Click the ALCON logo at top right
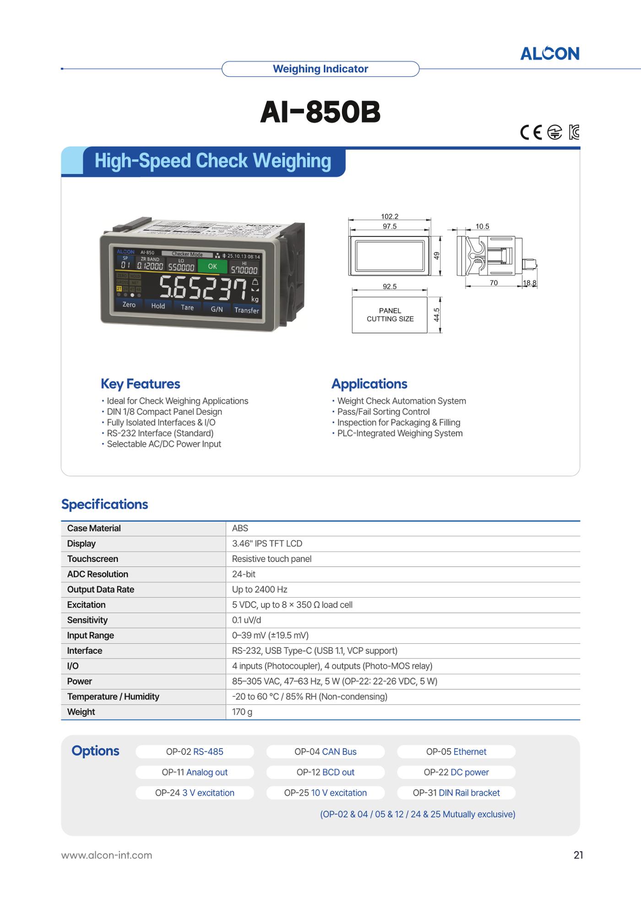(549, 54)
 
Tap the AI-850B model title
(320, 112)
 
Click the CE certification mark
(531, 133)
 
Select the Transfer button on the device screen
(246, 310)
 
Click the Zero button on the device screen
(129, 305)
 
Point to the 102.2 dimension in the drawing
(390, 216)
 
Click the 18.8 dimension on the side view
(530, 283)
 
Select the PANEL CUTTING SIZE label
(390, 315)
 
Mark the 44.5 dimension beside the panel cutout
(436, 315)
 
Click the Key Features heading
(141, 384)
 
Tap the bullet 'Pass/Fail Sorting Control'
(383, 412)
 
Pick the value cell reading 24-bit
(244, 574)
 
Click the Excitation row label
(86, 605)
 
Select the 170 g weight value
(242, 712)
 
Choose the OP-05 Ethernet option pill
(456, 752)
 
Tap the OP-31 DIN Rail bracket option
(456, 793)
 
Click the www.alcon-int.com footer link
(107, 855)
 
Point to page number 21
(578, 855)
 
